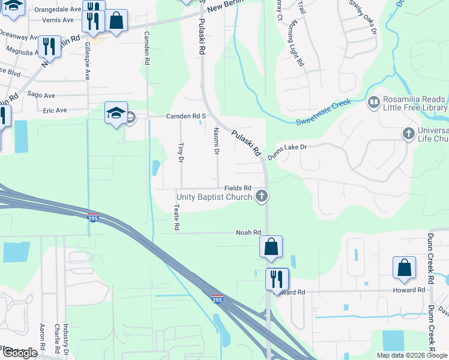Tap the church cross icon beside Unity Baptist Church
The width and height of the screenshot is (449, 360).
point(261,196)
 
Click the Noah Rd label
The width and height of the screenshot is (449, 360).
point(249,233)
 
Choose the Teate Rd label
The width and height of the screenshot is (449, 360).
point(176,217)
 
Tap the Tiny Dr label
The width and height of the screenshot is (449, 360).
point(180,152)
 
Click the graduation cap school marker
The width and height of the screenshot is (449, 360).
point(116,112)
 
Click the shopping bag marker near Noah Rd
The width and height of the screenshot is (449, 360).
point(271,246)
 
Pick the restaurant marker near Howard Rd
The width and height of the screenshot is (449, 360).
point(277,278)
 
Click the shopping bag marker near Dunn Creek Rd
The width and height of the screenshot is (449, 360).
point(404,267)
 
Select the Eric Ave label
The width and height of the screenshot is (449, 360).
point(55,110)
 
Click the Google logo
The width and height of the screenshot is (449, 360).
point(19,353)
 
